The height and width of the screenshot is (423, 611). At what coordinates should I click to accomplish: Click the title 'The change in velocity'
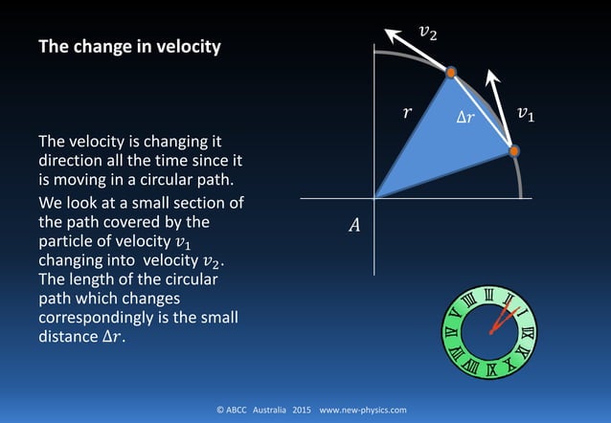[x=128, y=46]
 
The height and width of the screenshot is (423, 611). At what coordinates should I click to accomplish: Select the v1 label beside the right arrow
[x=526, y=114]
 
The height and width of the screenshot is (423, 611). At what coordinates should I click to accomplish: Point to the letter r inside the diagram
[x=407, y=113]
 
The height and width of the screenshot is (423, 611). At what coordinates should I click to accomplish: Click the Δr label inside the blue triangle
[x=464, y=119]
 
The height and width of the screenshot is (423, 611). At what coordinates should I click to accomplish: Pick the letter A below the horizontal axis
[x=354, y=226]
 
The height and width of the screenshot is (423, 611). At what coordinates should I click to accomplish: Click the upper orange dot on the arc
[x=450, y=72]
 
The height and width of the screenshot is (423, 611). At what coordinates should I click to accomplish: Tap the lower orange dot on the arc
[x=513, y=151]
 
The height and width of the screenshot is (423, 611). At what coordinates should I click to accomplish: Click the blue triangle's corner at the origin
[x=375, y=197]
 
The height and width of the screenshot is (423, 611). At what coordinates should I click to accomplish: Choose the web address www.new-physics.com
[x=362, y=410]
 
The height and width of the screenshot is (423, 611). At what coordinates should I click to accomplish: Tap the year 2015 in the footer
[x=303, y=410]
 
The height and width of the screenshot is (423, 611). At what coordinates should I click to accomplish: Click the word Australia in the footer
[x=269, y=410]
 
